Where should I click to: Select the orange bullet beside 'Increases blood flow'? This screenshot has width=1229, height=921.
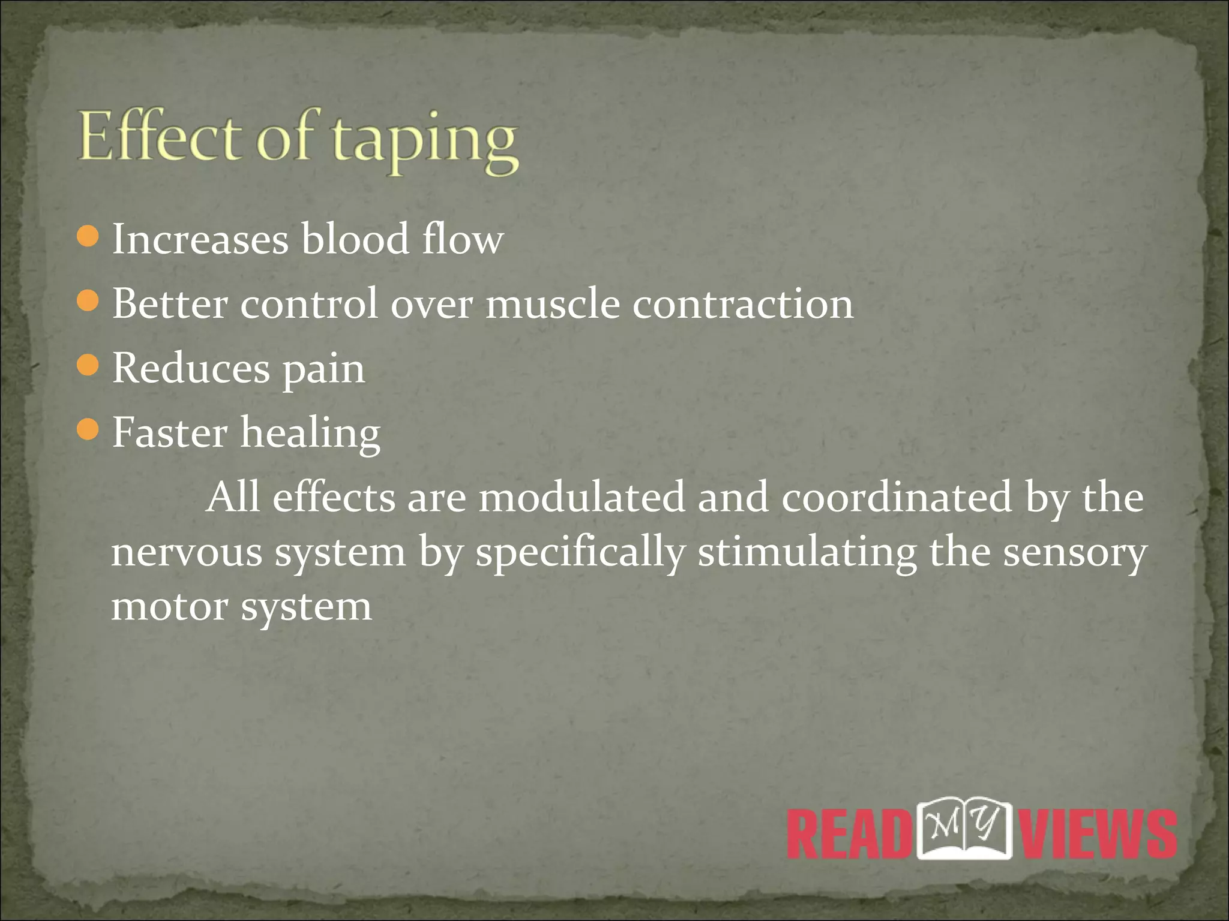click(88, 236)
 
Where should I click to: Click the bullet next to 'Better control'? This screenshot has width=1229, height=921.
click(88, 300)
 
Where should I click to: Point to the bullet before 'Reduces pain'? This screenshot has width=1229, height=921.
click(88, 365)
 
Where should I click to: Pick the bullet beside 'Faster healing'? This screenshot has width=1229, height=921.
click(88, 429)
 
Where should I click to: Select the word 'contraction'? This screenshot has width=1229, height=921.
click(743, 303)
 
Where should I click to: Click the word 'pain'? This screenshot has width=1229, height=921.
click(323, 369)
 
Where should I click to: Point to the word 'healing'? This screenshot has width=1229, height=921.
click(310, 433)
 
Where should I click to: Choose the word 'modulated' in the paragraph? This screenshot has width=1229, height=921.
click(581, 497)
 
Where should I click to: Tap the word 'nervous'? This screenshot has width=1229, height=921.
click(187, 552)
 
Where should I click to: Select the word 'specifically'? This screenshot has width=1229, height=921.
click(580, 552)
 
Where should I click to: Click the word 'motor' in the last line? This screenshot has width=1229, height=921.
click(169, 607)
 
